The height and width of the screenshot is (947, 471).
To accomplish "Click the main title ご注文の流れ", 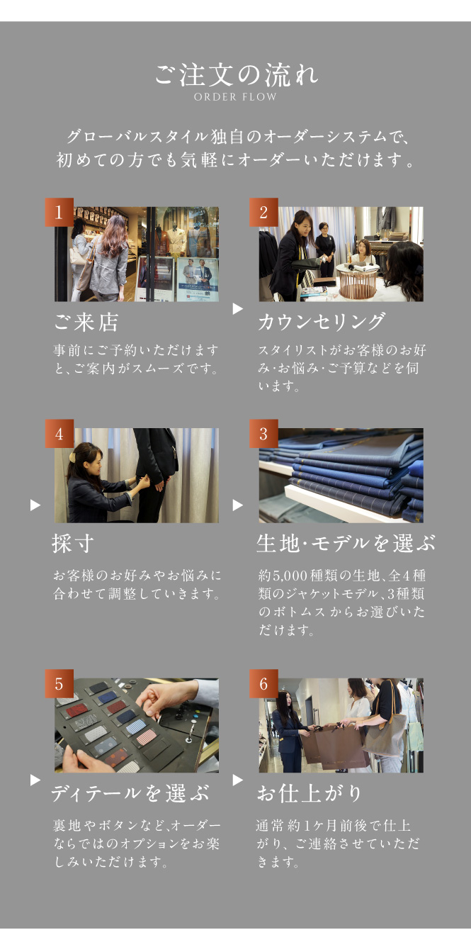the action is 236,74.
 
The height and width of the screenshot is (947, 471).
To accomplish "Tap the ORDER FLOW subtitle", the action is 235,97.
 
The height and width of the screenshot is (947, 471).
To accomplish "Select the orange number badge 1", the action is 59,212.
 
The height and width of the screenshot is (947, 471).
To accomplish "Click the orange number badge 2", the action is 263,212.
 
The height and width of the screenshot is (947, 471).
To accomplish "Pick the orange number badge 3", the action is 263,433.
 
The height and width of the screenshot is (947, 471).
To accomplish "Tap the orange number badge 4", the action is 59,433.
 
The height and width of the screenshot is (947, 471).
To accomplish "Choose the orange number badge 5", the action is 59,683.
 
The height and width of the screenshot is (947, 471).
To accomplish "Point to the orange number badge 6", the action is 263,683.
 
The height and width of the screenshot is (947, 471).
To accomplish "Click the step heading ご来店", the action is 86,322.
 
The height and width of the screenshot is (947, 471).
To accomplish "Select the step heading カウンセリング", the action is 322,322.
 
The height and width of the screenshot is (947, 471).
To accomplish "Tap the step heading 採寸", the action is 73,543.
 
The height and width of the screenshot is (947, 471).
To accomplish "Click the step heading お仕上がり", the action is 310,793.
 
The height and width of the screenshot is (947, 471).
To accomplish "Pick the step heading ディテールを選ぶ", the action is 130,793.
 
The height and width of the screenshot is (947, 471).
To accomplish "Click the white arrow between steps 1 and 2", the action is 238,309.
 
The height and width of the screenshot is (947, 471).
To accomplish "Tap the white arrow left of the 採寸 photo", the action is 35,505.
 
